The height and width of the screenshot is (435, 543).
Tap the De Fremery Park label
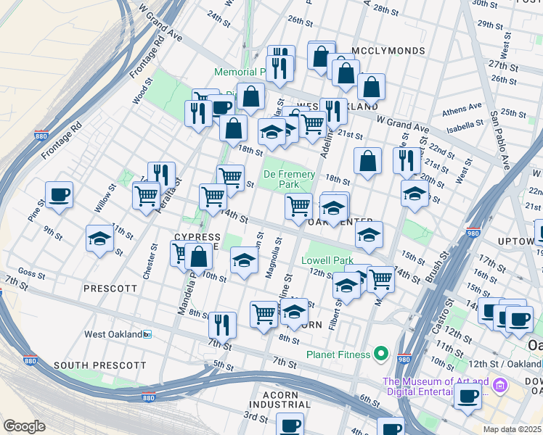click(x=289, y=179)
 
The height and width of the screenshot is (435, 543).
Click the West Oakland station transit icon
click(x=147, y=334)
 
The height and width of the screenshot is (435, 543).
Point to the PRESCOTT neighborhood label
click(x=110, y=288)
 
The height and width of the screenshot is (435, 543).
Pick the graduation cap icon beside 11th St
click(x=100, y=239)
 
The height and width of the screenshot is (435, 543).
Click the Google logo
click(x=25, y=426)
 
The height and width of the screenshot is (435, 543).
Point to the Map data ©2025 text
click(x=512, y=428)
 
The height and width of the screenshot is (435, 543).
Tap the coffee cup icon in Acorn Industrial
click(x=291, y=425)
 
